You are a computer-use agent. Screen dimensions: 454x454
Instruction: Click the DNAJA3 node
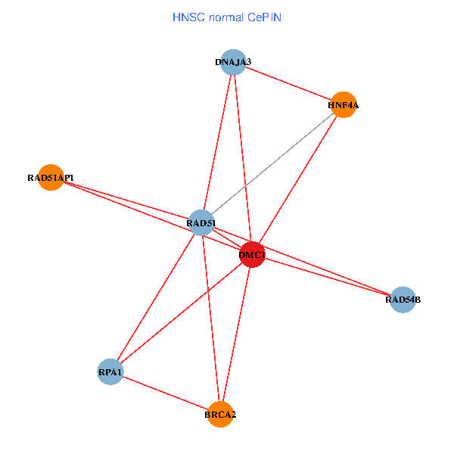point(233,62)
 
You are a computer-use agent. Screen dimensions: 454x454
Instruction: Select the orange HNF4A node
point(343,105)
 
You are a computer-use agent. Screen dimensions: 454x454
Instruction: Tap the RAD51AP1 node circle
point(51,178)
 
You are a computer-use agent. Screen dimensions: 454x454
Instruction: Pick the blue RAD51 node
point(201,222)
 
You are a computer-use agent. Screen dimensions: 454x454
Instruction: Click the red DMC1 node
point(252,255)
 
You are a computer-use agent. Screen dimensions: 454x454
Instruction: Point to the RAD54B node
point(403,300)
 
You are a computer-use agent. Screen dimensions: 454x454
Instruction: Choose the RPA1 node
point(110,372)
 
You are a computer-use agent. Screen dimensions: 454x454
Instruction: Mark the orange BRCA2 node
point(220,414)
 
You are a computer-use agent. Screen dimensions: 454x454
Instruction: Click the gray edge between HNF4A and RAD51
point(272,163)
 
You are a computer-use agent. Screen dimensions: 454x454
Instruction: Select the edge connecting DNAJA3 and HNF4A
point(288,83)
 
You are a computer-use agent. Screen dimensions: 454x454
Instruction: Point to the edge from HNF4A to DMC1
point(297,180)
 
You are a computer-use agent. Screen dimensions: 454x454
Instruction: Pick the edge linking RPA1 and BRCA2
point(165,393)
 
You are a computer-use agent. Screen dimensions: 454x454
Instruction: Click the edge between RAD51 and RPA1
point(155,297)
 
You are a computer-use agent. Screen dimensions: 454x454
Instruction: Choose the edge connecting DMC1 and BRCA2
point(236,334)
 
